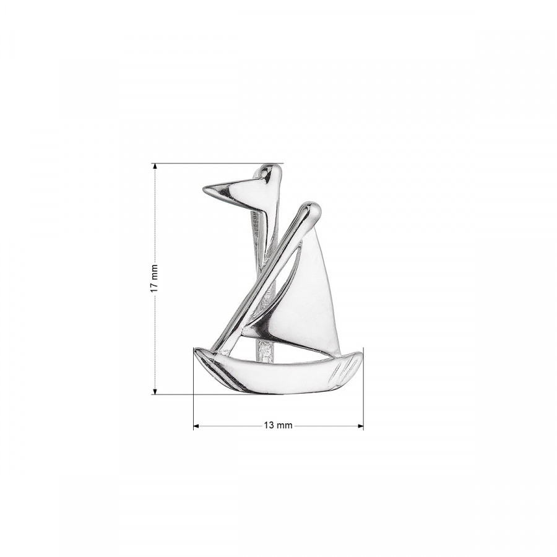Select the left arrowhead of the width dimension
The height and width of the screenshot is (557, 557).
coord(196,426)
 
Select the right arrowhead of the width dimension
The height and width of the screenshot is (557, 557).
coord(360,426)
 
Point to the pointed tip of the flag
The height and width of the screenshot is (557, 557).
coord(204,189)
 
